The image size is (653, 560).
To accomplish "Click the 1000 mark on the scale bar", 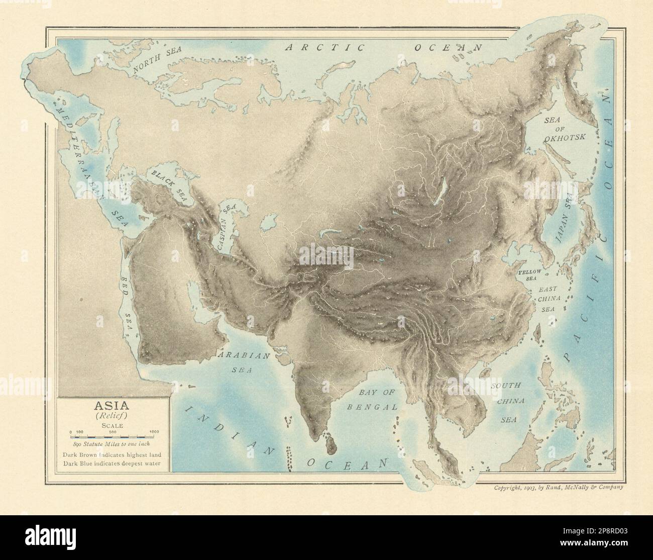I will pyautogui.click(x=154, y=431).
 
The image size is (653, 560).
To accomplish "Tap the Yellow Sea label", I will pyautogui.click(x=529, y=274).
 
